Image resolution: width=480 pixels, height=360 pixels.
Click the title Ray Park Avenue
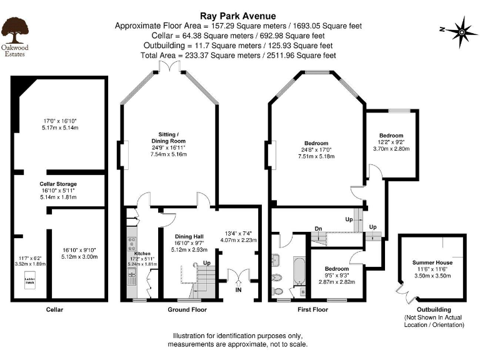click(x=239, y=16)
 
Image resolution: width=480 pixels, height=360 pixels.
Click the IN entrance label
click(x=238, y=290)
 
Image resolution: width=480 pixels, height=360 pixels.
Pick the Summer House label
click(x=432, y=262)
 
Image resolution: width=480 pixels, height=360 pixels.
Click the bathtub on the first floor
click(x=298, y=275)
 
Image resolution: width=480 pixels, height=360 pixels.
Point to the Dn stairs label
click(x=318, y=228)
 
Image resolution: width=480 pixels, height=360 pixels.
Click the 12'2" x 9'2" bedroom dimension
click(x=392, y=142)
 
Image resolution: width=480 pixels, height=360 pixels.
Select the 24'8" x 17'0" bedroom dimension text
click(x=316, y=149)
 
